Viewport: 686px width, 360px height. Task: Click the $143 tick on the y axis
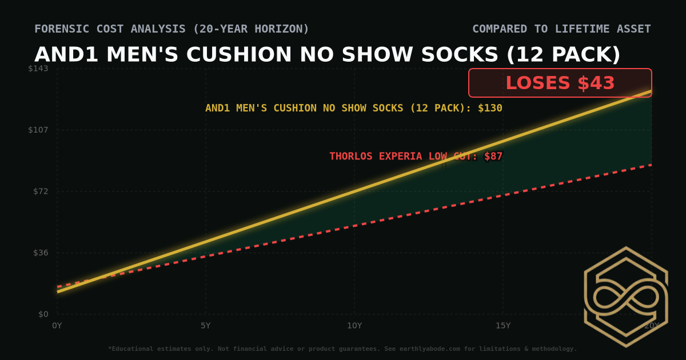[x=38, y=69]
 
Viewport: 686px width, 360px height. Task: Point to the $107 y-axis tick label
[x=38, y=130]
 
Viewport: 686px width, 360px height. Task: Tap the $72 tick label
[x=41, y=191]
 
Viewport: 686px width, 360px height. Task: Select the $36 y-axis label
[x=41, y=253]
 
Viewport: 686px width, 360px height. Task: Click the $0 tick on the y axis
[x=43, y=314]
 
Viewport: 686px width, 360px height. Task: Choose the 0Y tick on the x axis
[x=57, y=326]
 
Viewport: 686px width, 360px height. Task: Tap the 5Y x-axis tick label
[x=206, y=326]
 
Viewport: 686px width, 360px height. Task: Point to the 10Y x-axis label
[x=354, y=326]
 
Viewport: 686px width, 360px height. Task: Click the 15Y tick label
[x=503, y=326]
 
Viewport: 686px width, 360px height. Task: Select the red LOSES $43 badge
[x=560, y=83]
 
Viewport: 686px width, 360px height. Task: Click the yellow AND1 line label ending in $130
[x=353, y=108]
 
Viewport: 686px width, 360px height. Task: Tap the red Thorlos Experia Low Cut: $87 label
[x=416, y=156]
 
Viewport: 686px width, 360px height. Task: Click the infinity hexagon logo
[x=626, y=297]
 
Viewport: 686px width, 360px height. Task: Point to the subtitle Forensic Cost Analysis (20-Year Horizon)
[x=171, y=29]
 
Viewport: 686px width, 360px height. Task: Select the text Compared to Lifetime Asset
[x=561, y=29]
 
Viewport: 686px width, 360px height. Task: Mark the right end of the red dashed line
[x=651, y=165]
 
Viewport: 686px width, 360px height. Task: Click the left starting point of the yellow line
[x=58, y=291]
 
